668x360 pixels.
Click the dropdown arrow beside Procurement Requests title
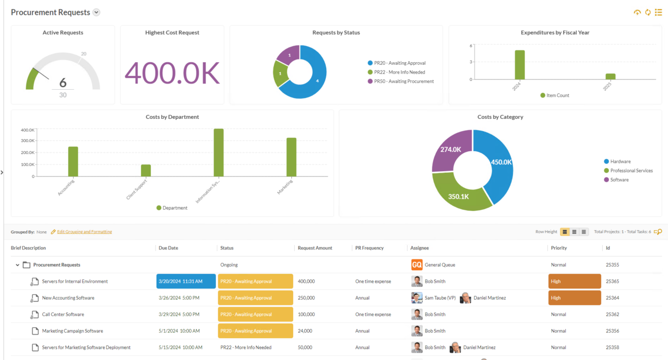click(x=96, y=13)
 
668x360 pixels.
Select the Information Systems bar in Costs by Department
click(x=218, y=152)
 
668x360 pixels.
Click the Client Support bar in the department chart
click(x=146, y=171)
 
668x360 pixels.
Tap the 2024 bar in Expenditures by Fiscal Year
click(x=519, y=65)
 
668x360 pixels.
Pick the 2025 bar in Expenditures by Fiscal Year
click(x=610, y=76)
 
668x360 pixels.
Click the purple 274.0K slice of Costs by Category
click(x=450, y=150)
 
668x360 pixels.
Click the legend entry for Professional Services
click(x=631, y=171)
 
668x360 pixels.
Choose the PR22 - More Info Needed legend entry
click(x=399, y=73)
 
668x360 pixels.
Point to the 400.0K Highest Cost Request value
click(x=172, y=73)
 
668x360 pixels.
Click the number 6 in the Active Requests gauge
click(x=63, y=82)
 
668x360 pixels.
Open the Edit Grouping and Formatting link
click(x=84, y=232)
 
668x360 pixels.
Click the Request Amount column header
click(x=315, y=248)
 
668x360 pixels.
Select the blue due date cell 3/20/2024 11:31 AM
click(x=186, y=281)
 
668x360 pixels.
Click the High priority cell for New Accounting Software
click(x=574, y=298)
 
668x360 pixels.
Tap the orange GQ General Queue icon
click(x=416, y=265)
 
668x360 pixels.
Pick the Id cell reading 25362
click(x=612, y=315)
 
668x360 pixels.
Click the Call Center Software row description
click(x=63, y=315)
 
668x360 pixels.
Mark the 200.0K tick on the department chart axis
click(x=28, y=153)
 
